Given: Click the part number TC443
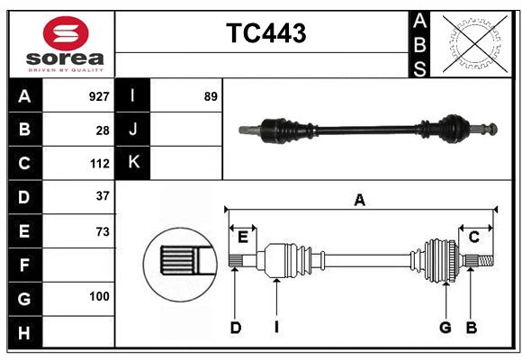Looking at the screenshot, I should coord(265,33).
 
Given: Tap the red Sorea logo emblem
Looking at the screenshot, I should coord(66,34).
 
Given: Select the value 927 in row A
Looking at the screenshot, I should coord(99,96).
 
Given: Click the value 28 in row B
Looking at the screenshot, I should coord(103,130).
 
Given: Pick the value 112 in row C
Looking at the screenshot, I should coord(99,164).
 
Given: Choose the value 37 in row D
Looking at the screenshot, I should coord(103,196).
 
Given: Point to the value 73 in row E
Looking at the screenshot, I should coord(103,231).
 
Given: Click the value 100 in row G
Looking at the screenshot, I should coord(99,296).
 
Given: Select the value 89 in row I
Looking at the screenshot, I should coord(211,96).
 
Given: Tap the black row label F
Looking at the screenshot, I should coord(24,265).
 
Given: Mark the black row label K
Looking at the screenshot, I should coord(133,163).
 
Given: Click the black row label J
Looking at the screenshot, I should coord(133,130).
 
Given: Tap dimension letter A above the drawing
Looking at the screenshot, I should coord(360,201).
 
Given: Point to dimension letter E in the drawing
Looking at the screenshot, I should coord(242,237).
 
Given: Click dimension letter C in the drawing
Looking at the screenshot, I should coord(474,237).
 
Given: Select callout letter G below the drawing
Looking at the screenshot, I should coord(445,328).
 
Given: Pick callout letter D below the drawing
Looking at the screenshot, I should coord(235,328).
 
